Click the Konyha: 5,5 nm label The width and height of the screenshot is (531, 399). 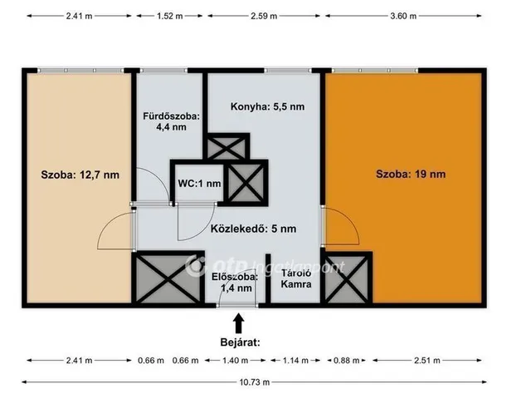coord(267,106)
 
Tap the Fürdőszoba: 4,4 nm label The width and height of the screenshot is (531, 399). coord(171,121)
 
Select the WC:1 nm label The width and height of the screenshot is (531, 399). coord(199,184)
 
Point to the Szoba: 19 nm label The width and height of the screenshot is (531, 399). coord(411,174)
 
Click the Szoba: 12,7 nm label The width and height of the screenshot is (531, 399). coord(80,175)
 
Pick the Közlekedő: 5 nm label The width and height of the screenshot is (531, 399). coord(253,229)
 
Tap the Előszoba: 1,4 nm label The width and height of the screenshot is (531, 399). coord(235,283)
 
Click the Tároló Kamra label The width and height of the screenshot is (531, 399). coord(296,278)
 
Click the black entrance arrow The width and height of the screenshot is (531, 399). coord(239,323)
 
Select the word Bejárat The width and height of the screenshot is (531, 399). coord(240,342)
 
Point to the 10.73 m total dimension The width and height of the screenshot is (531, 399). coord(255,382)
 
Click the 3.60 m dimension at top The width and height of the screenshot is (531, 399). coord(403,16)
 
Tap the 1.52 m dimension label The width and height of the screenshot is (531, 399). coord(169,16)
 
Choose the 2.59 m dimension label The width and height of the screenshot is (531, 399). coord(264,16)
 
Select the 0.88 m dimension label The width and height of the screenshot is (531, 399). coord(347,360)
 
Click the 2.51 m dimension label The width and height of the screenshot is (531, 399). coord(427,360)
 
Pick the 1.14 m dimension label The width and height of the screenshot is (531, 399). coord(295,360)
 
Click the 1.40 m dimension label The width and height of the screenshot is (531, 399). coord(236,360)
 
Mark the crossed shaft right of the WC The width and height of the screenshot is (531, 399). coord(246,183)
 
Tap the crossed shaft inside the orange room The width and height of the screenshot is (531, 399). coord(347,278)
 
